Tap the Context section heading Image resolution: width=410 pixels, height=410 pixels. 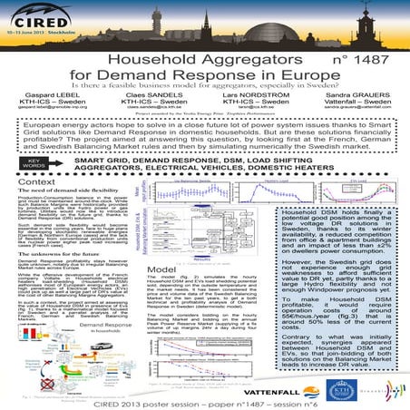pos(33,181)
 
